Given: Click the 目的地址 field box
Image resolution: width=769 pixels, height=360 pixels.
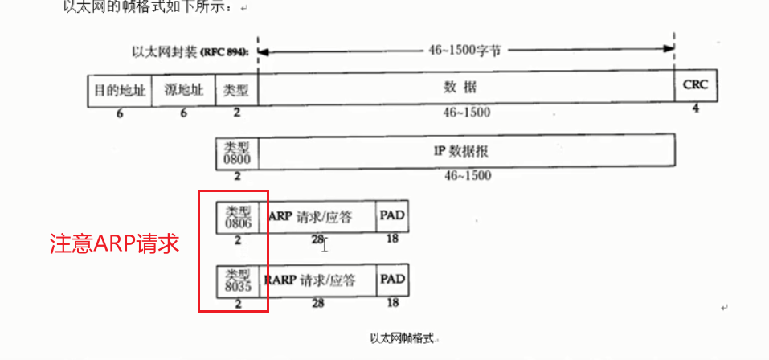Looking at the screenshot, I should point(119,90).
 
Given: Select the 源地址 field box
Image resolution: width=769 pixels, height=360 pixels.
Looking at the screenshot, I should point(183,90).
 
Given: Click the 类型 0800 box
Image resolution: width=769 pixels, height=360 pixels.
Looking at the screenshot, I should point(237,152).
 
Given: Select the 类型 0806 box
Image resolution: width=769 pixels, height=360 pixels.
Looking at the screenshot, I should point(237,216).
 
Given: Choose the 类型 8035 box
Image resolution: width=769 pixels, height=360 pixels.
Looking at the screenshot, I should point(237,280).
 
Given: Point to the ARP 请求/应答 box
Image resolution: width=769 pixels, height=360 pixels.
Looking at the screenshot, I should point(317,216).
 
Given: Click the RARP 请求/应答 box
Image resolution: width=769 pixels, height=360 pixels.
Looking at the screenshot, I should point(317,280).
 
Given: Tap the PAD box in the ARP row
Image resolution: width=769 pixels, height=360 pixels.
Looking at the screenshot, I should point(392,215).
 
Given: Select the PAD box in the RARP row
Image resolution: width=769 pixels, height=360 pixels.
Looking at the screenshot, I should point(392,280).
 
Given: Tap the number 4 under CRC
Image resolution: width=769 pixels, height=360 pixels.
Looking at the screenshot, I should point(695,108).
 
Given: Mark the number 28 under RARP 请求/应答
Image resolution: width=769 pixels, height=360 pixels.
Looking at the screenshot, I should point(317,303).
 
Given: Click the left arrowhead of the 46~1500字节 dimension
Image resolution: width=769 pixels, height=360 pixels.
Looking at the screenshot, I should point(263,51).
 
